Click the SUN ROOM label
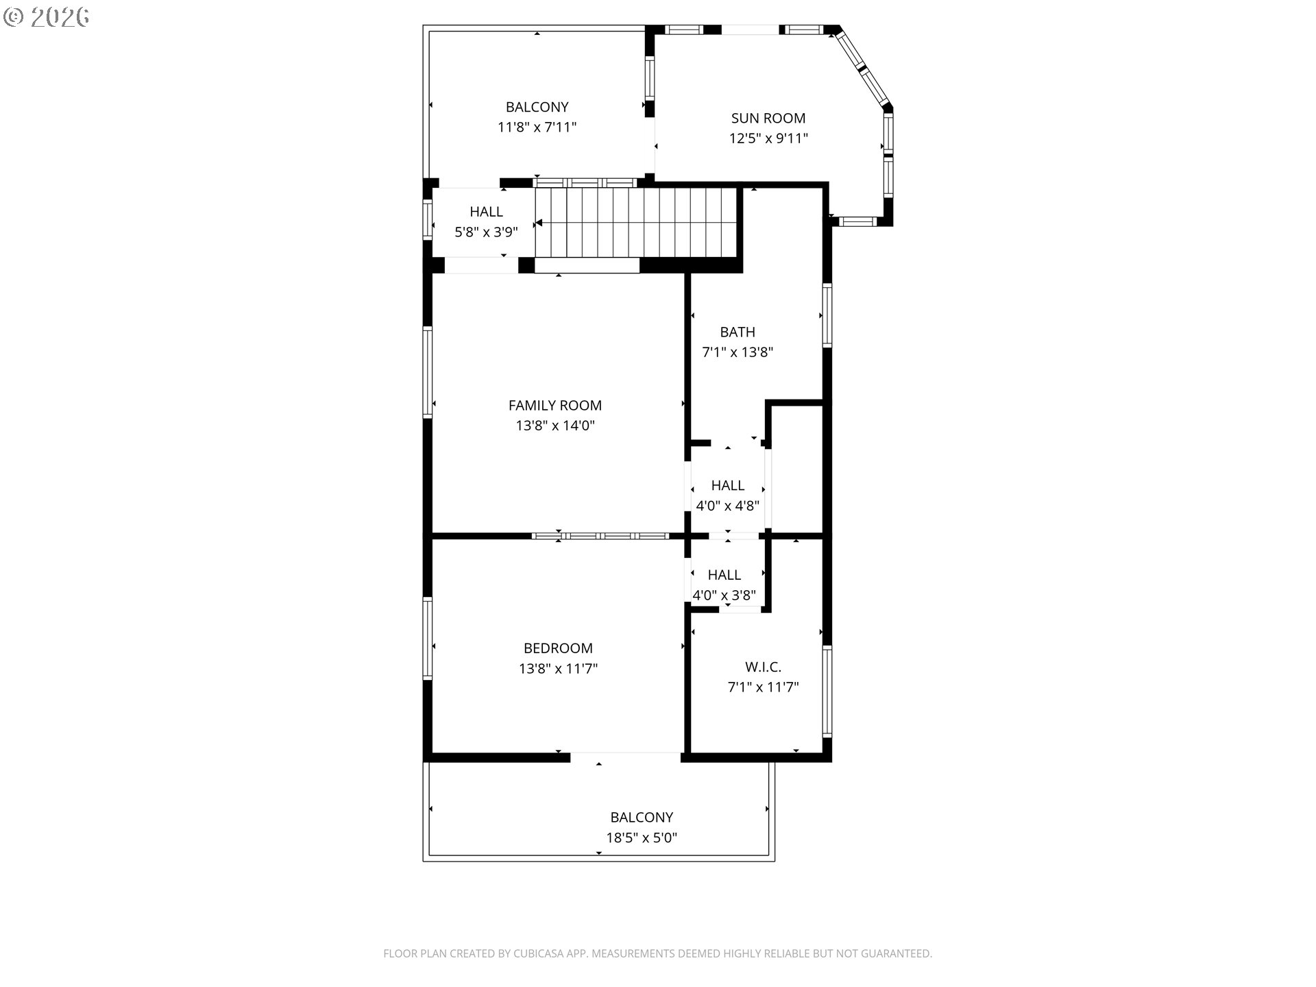point(768,118)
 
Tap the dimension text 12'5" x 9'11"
point(768,138)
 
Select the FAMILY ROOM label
point(555,405)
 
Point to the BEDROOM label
point(558,648)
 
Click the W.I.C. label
point(763,666)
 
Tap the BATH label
point(738,332)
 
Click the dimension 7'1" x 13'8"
point(738,352)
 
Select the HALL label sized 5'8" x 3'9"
point(486,212)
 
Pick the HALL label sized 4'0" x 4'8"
point(727,485)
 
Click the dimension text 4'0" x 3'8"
point(724,595)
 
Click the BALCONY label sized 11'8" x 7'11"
point(537,107)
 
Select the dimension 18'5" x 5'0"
point(641,838)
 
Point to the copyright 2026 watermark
point(47,16)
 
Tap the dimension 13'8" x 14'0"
point(555,426)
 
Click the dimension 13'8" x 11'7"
point(558,668)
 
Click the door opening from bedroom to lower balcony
point(625,757)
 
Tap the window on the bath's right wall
point(827,315)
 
